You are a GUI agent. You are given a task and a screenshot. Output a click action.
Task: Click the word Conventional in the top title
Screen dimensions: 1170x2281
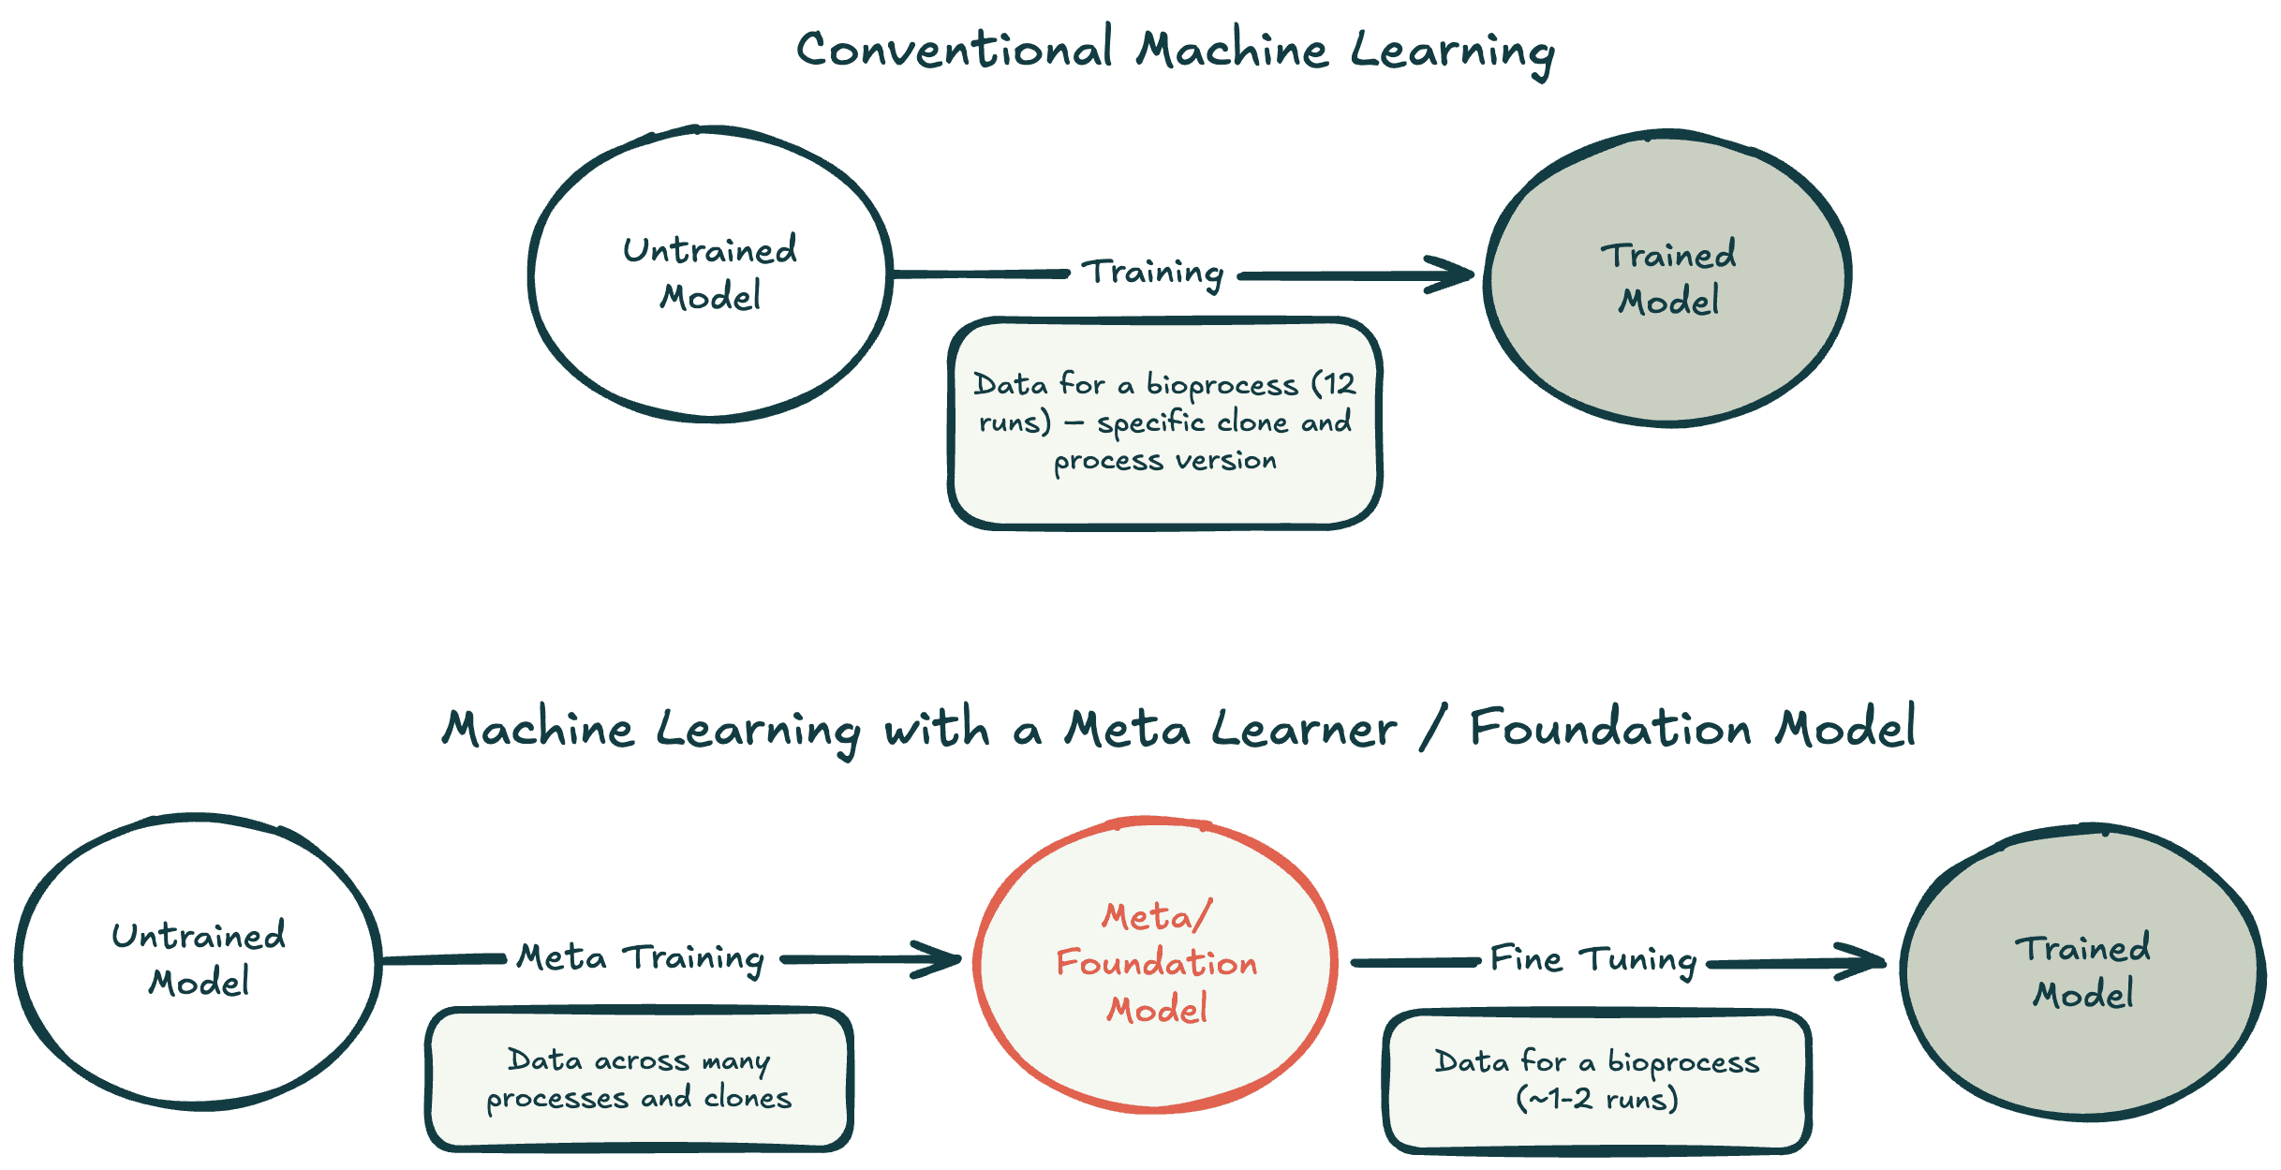(x=954, y=50)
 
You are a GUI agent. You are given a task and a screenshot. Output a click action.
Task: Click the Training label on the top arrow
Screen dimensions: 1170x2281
(x=1153, y=273)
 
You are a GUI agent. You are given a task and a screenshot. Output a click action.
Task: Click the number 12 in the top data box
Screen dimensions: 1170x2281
(x=1340, y=383)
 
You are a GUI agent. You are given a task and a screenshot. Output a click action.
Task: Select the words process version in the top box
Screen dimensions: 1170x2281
(x=1164, y=461)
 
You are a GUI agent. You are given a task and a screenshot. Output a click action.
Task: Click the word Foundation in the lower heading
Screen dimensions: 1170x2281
(x=1609, y=729)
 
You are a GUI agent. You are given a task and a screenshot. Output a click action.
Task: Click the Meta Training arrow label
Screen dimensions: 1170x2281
(x=641, y=958)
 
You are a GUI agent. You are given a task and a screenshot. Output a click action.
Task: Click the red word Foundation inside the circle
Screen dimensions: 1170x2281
(x=1157, y=964)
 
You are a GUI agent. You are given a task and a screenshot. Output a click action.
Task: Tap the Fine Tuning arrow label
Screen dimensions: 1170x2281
(x=1593, y=960)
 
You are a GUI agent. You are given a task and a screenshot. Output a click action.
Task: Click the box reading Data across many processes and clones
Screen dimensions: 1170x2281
(x=639, y=1079)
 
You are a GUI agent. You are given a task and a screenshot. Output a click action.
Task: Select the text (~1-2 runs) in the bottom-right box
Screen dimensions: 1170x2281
(x=1597, y=1099)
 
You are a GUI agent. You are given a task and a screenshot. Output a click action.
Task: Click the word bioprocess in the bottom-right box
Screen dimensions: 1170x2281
(x=1683, y=1062)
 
